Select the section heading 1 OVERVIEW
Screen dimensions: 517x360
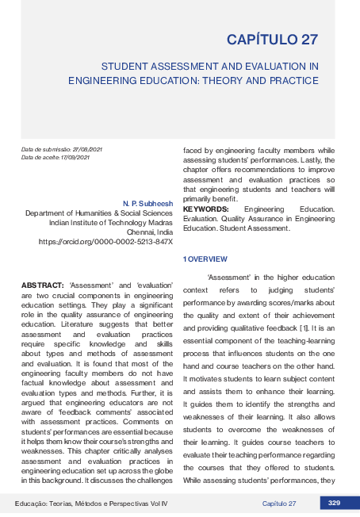click(x=205, y=258)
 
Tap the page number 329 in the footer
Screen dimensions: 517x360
click(x=334, y=504)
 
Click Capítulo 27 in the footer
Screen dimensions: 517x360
click(x=279, y=504)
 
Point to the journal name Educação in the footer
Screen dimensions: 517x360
click(x=33, y=504)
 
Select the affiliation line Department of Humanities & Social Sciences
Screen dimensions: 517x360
click(x=99, y=213)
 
